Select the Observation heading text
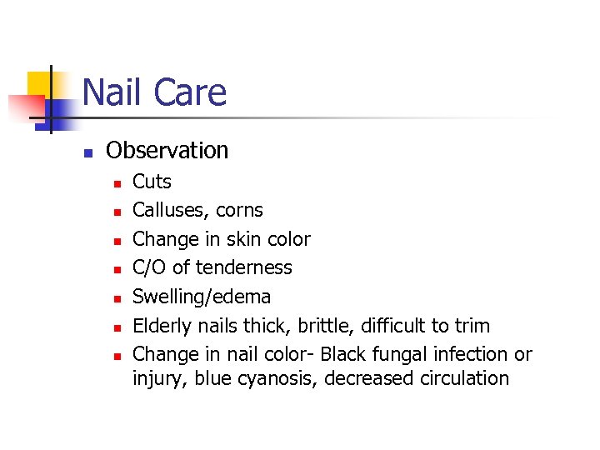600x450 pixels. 167,151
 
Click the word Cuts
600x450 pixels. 152,182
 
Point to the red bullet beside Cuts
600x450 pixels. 117,183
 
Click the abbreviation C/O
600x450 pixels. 150,267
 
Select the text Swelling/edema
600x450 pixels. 202,297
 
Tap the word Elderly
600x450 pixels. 162,325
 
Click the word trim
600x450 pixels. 472,325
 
